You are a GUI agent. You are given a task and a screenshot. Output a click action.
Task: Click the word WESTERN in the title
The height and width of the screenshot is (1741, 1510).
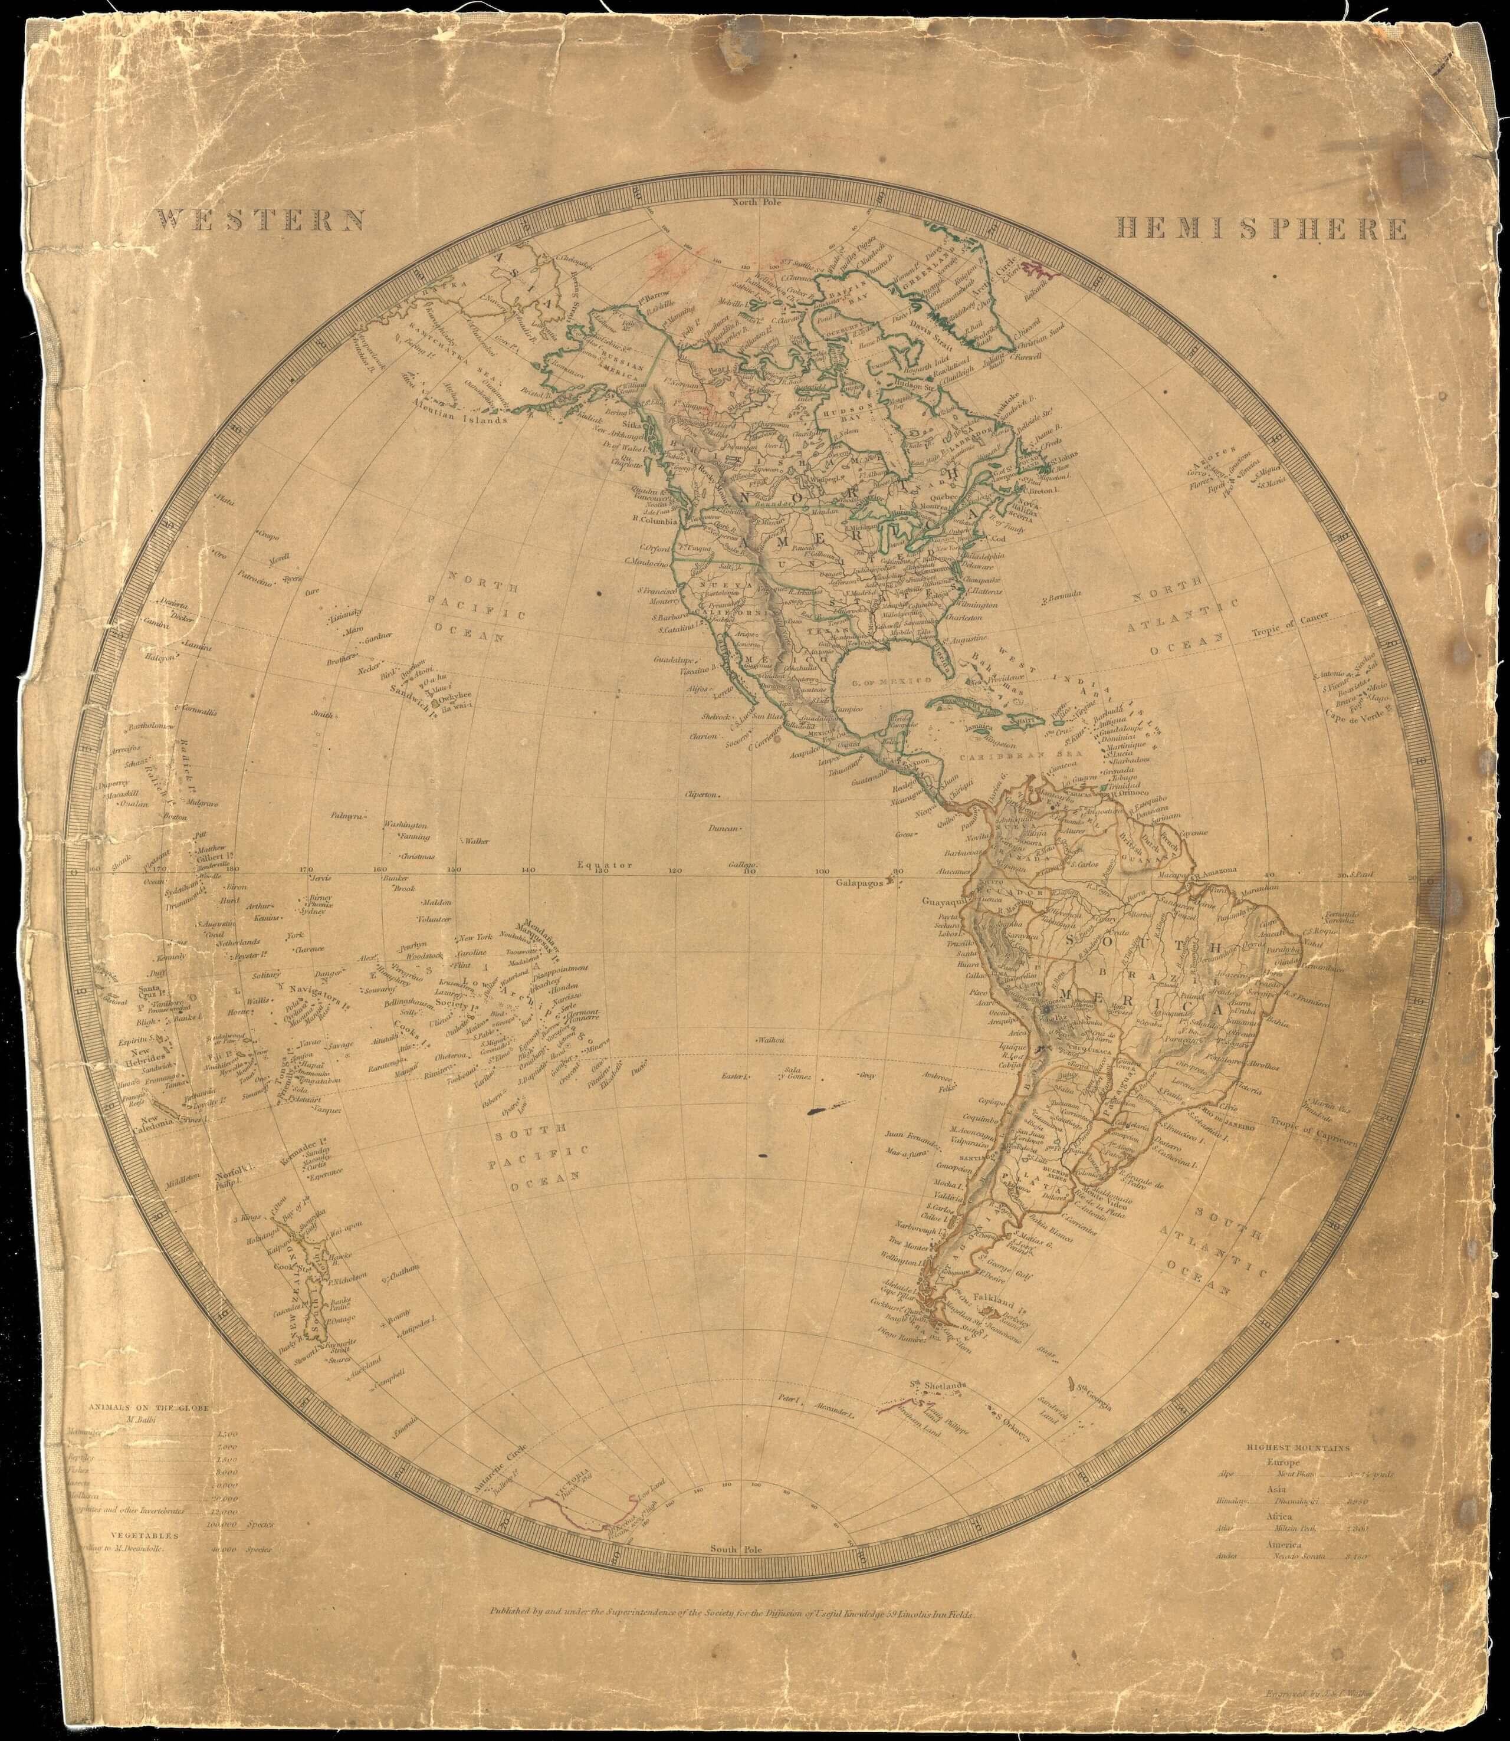[261, 221]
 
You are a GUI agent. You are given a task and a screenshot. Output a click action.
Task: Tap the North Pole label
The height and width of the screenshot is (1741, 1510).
[757, 202]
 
